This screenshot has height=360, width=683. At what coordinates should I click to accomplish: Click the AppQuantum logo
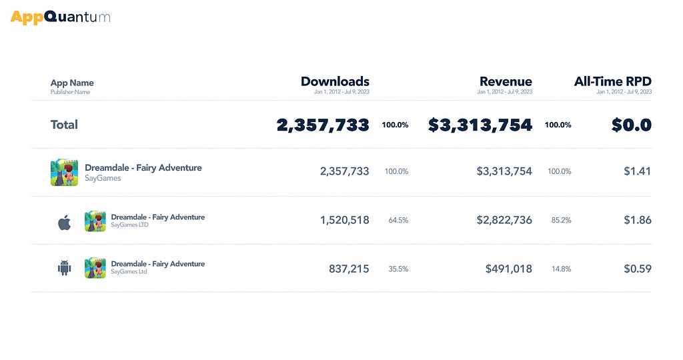click(60, 17)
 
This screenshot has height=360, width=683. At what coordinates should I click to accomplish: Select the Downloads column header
click(335, 81)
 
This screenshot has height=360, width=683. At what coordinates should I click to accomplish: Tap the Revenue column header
click(506, 81)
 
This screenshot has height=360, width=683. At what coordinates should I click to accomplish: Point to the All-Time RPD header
click(613, 81)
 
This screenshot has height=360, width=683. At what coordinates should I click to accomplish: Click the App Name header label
click(72, 83)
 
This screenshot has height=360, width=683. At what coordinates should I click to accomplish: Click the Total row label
click(64, 125)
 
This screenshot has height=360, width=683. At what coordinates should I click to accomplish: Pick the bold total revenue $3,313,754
click(480, 125)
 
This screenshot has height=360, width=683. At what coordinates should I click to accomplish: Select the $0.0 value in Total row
click(632, 125)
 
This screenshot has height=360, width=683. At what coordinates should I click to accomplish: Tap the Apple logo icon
click(65, 223)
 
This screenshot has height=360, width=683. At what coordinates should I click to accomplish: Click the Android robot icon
click(65, 268)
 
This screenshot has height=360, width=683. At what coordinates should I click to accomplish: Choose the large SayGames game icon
click(65, 173)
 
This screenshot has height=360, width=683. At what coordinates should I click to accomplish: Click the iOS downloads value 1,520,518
click(345, 220)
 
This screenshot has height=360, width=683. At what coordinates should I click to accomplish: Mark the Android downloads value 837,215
click(349, 269)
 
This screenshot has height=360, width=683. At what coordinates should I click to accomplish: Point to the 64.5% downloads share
click(399, 220)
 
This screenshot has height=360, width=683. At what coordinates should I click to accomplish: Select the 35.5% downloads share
click(399, 269)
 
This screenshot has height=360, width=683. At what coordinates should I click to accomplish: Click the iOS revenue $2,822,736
click(504, 220)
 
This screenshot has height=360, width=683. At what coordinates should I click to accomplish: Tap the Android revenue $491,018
click(509, 269)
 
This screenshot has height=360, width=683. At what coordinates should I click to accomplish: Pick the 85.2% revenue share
click(561, 220)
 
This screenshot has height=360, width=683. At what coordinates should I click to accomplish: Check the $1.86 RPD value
click(638, 220)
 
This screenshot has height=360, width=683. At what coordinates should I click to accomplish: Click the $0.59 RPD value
click(638, 269)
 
